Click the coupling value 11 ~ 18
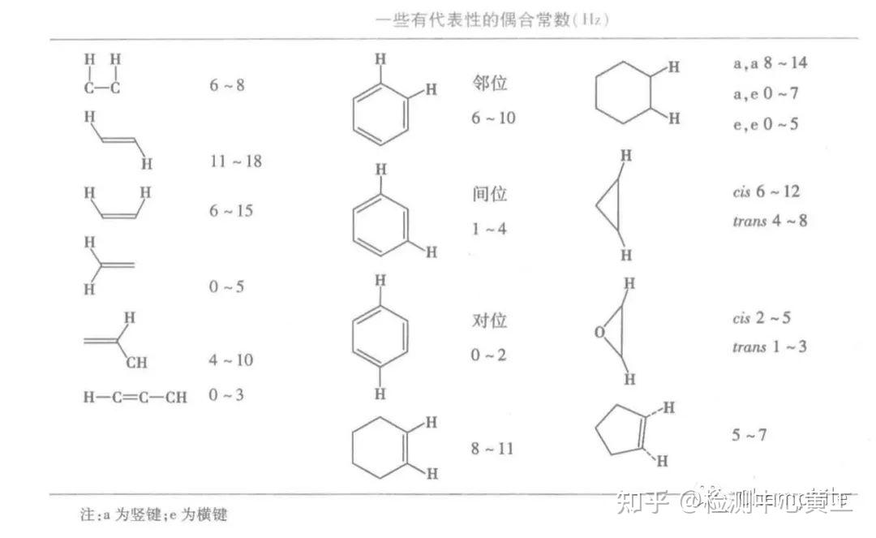pyautogui.click(x=236, y=161)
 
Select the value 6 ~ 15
pyautogui.click(x=231, y=210)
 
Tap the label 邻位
pyautogui.click(x=489, y=84)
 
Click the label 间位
pyautogui.click(x=489, y=195)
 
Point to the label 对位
pyautogui.click(x=489, y=321)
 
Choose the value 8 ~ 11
pyautogui.click(x=492, y=448)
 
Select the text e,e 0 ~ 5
pyautogui.click(x=765, y=124)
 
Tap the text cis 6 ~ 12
pyautogui.click(x=766, y=191)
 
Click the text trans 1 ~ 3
pyautogui.click(x=770, y=346)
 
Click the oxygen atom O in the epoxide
pyautogui.click(x=599, y=332)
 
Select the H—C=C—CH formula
pyautogui.click(x=135, y=397)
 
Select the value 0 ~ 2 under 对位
pyautogui.click(x=488, y=355)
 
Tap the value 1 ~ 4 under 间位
pyautogui.click(x=488, y=229)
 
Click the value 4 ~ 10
pyautogui.click(x=231, y=360)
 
